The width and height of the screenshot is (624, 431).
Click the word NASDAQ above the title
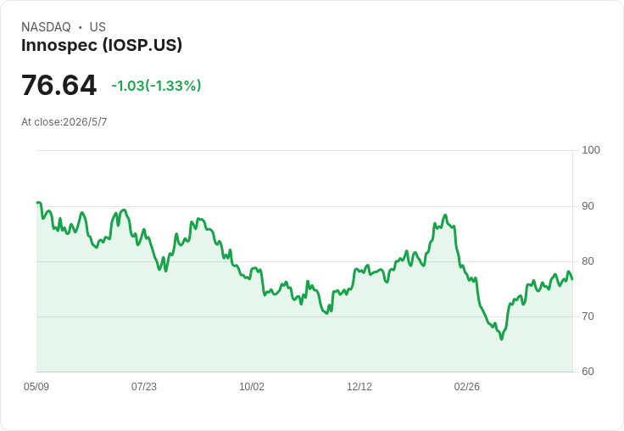pos(46,27)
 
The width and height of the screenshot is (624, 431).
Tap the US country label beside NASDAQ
pos(97,27)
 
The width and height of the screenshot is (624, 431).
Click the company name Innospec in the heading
pos(59,45)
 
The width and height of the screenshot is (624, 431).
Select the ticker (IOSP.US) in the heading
pos(142,45)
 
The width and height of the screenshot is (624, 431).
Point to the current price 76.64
pos(58,85)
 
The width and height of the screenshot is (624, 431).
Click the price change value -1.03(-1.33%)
pos(156,86)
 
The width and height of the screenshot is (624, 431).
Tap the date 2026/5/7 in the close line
pos(85,122)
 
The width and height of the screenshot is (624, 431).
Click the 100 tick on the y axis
pos(591,150)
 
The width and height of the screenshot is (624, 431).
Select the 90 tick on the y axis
pos(588,206)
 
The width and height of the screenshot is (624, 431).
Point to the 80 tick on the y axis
pos(588,261)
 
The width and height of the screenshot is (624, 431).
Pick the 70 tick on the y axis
pos(588,316)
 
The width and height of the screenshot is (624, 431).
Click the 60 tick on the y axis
pos(588,372)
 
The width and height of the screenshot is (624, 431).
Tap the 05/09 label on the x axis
pos(36,387)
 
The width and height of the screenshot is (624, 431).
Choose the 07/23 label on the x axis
pos(144,387)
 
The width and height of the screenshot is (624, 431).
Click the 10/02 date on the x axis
pos(252,387)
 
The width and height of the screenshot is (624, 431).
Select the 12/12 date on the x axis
pos(359,387)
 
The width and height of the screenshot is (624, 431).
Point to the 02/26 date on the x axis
pos(467,387)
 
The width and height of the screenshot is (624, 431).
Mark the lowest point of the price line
pos(501,339)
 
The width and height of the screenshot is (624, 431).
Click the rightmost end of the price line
pos(572,279)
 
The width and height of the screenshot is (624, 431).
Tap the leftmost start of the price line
pos(37,203)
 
